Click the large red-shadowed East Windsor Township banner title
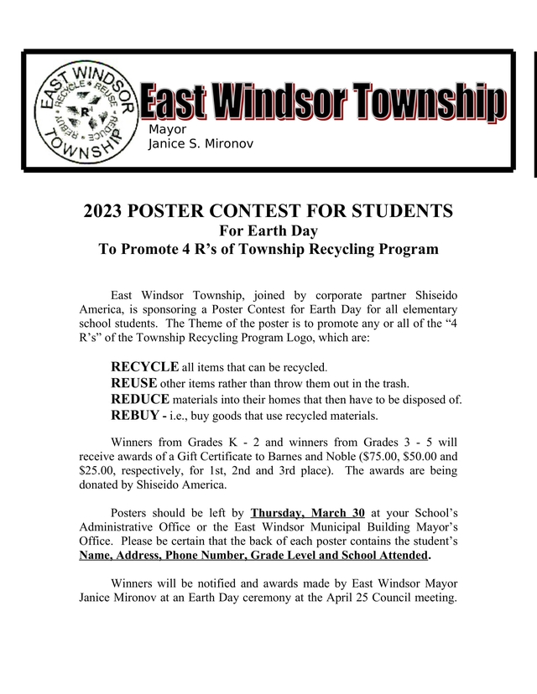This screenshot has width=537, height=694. (x=323, y=104)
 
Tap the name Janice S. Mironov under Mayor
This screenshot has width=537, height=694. (x=201, y=145)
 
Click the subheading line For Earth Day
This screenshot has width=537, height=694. (x=268, y=230)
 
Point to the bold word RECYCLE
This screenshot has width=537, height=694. (x=144, y=366)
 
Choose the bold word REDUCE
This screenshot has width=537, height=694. (x=140, y=399)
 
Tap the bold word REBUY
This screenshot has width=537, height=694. (x=136, y=415)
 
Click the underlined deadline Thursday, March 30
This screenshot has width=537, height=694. (x=307, y=511)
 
